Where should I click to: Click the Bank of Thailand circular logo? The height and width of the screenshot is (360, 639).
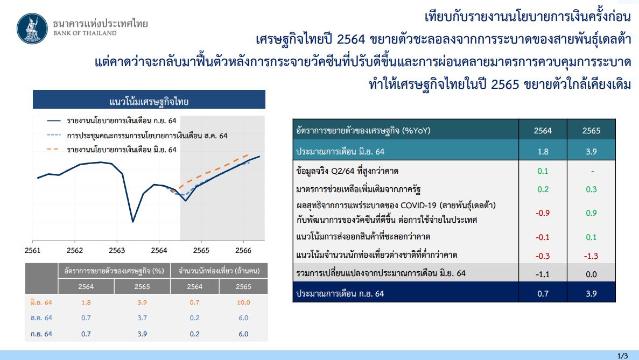[x=32, y=29]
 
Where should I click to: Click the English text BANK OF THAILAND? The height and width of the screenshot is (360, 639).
[x=85, y=33]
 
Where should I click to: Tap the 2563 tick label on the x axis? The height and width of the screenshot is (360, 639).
[x=117, y=250]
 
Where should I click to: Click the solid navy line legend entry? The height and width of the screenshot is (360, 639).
[x=111, y=121]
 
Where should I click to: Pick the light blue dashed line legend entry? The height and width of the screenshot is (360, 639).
[x=137, y=136]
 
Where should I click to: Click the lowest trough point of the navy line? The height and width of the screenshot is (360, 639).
[x=133, y=222]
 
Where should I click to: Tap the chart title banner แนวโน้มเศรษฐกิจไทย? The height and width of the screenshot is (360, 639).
[x=149, y=100]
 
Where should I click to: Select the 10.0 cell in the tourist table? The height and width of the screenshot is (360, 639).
[x=243, y=302]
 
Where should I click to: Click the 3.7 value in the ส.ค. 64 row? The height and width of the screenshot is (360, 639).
[x=142, y=318]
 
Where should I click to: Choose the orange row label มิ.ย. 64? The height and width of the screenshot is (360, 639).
[x=41, y=302]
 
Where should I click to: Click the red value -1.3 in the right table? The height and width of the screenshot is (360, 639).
[x=591, y=256]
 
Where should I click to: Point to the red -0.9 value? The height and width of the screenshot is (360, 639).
[x=543, y=213]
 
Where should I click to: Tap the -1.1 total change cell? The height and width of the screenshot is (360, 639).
[x=543, y=274]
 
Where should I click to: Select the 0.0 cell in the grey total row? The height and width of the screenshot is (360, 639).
[x=591, y=274]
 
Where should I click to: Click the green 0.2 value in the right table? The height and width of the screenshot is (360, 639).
[x=543, y=189]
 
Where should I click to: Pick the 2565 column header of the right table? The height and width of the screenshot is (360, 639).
[x=591, y=131]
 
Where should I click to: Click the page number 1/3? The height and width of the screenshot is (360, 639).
[x=622, y=356]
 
